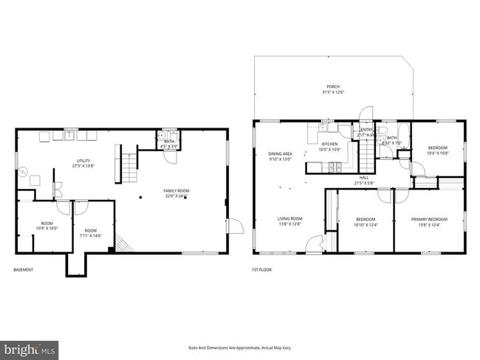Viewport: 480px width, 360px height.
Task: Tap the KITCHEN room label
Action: coord(329,146)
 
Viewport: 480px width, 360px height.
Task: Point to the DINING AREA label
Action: coord(280,156)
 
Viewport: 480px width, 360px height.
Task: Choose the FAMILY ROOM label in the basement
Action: coord(176,193)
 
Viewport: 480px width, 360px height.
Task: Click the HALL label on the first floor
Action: coord(364,179)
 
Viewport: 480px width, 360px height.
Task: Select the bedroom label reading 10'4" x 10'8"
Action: coord(438,150)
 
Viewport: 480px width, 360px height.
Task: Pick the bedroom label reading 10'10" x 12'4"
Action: coord(366,222)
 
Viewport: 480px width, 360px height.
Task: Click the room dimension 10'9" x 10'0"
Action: coord(47,226)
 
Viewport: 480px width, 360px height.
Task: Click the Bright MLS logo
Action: coord(30,347)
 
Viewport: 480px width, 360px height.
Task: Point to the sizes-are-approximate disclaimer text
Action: coord(240,347)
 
